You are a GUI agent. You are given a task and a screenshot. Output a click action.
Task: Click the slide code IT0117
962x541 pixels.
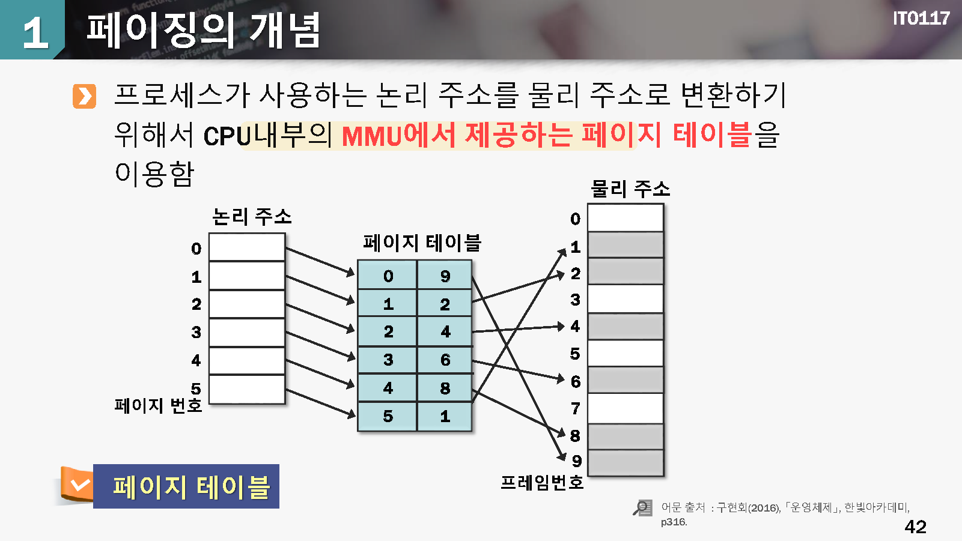(x=921, y=19)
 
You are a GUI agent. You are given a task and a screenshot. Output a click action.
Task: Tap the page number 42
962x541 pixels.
(x=915, y=527)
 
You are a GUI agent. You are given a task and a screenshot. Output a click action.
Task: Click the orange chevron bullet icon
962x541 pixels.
(x=84, y=96)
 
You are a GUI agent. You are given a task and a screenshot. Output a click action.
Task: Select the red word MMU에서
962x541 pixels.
(x=398, y=135)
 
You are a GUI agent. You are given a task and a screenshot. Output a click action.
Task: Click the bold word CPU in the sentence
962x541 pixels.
(x=227, y=136)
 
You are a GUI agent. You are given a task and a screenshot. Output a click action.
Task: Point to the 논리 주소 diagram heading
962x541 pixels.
(x=252, y=216)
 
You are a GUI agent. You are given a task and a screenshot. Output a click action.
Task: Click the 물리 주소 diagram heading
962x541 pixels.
(x=630, y=189)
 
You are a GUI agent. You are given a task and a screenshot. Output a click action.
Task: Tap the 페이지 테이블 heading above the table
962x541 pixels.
(x=422, y=243)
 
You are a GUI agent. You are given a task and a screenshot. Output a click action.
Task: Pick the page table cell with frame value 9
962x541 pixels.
(x=445, y=275)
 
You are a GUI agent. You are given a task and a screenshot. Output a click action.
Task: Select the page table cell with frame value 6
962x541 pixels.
(x=445, y=360)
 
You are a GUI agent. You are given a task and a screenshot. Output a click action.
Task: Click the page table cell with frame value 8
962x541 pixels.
(x=445, y=388)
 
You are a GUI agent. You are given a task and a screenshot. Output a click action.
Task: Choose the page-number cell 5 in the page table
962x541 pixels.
(x=388, y=416)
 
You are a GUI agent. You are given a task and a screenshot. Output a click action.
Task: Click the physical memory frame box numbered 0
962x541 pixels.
(x=626, y=217)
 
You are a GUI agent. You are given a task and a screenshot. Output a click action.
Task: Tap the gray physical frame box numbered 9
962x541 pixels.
(x=626, y=462)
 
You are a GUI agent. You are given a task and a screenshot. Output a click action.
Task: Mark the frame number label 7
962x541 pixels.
(x=576, y=408)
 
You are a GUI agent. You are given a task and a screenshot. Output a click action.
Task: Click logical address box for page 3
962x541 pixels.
(x=247, y=333)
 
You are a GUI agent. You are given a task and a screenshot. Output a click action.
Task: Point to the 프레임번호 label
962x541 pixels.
(x=542, y=482)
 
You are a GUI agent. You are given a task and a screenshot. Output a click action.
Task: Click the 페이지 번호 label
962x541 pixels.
(x=158, y=405)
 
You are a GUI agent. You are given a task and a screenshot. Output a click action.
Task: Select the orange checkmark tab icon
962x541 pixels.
(x=77, y=485)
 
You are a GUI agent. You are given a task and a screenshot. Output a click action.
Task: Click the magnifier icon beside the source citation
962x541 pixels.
(x=643, y=507)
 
